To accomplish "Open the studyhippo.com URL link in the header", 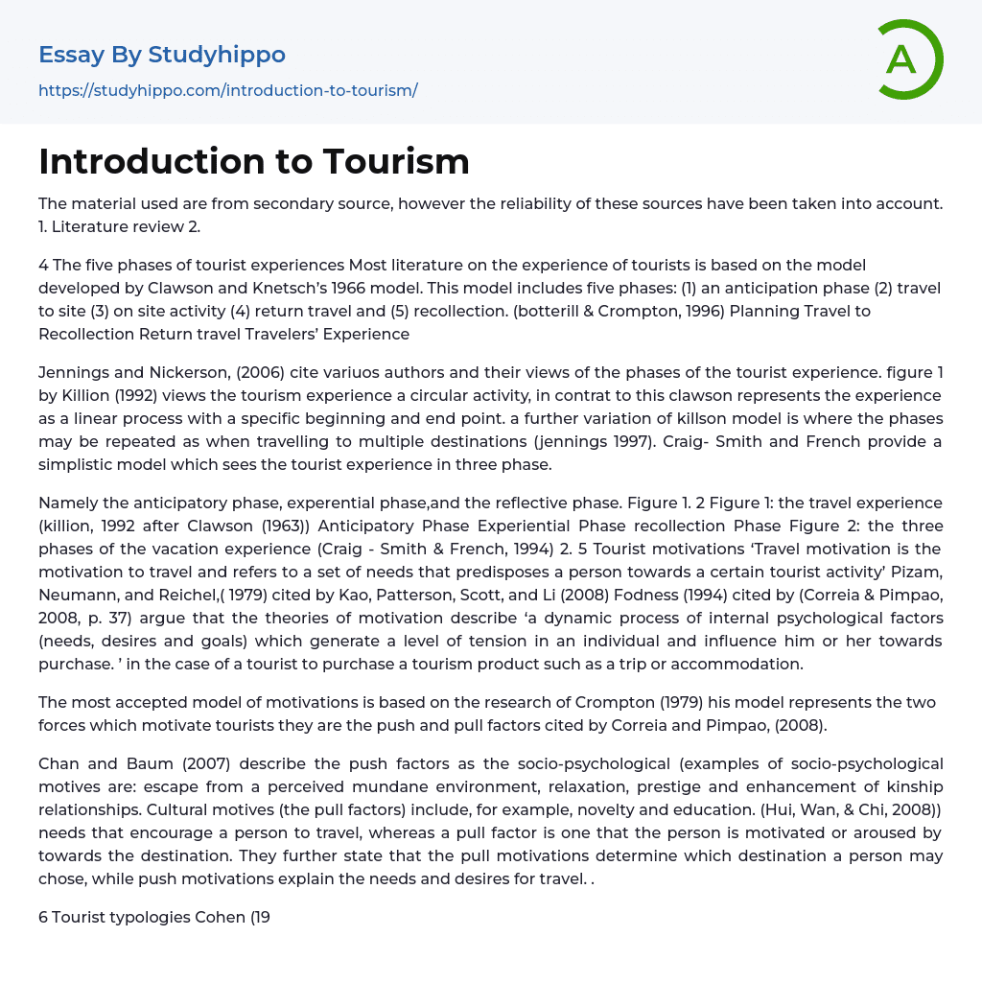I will click(x=227, y=90).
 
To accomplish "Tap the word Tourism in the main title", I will click(x=396, y=161).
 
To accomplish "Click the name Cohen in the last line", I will click(x=220, y=917).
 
